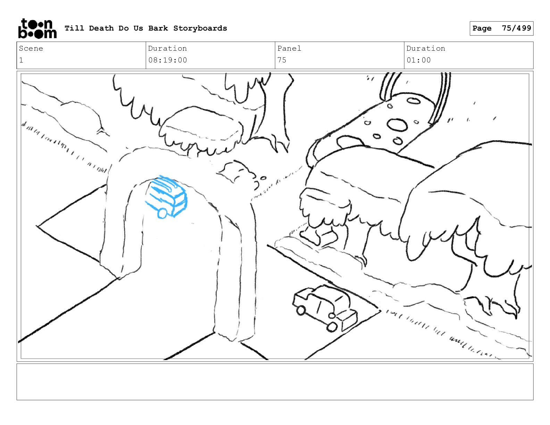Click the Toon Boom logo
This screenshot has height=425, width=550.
coord(37,28)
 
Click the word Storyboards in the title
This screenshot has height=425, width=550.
coord(200,28)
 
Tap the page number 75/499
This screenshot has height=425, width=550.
coord(516,28)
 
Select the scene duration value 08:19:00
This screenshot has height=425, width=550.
coord(168,60)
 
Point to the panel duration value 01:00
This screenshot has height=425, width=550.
coord(418,60)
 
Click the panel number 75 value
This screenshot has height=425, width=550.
coord(282,60)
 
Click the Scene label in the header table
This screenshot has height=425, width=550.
coord(31,48)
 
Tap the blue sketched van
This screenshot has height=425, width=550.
coord(166,197)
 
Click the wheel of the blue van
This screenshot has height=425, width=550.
coord(162,213)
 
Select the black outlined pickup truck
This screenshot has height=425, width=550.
coord(325,308)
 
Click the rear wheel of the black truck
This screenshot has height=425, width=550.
coord(301,310)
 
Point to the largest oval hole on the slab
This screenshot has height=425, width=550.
coord(397,125)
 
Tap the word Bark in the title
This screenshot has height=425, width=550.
coord(158,28)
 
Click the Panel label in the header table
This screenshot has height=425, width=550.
coord(289,48)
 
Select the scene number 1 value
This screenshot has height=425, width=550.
coord(21,60)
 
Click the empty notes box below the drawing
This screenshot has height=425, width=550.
coord(275,382)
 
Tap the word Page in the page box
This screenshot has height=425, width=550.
coord(482,28)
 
